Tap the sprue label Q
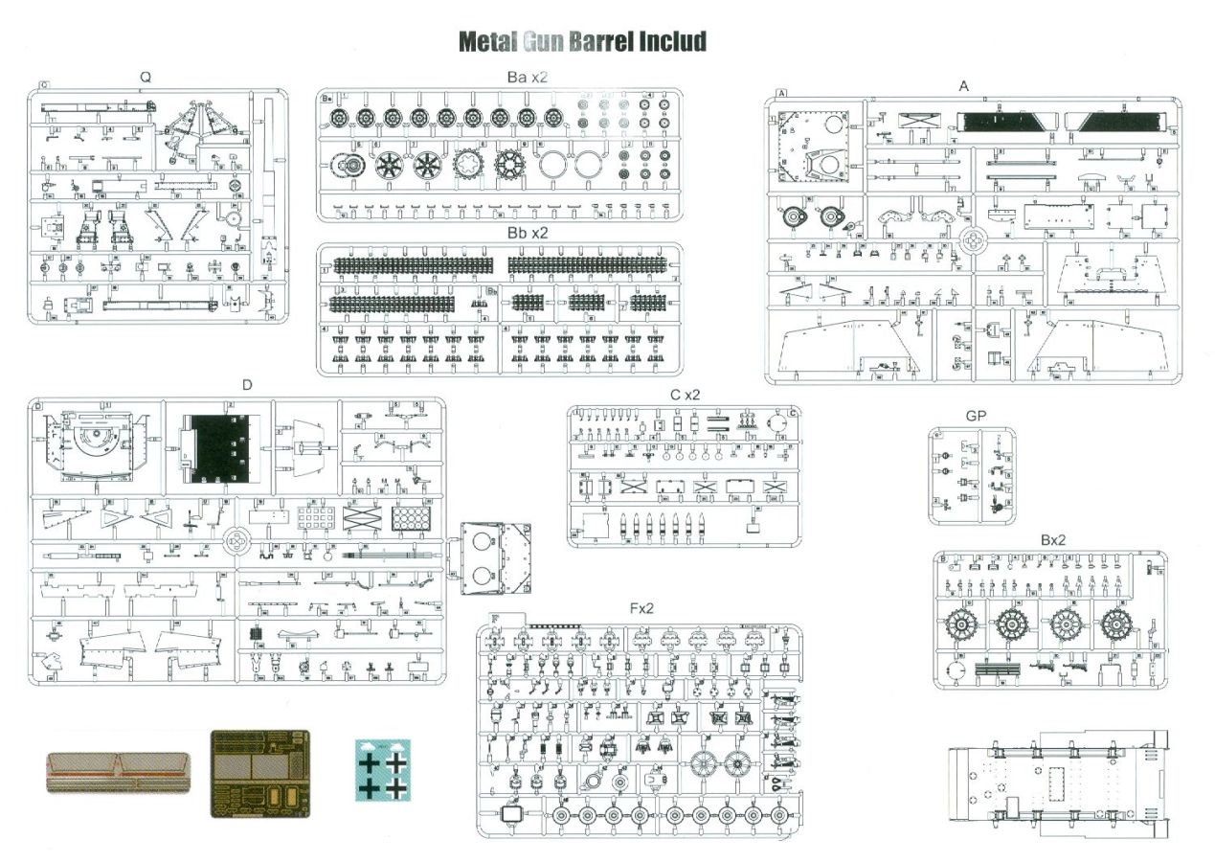point(145,77)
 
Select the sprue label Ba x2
point(528,76)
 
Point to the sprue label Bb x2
point(528,233)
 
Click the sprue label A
point(964,86)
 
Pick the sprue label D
point(247,385)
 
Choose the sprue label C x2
point(686,395)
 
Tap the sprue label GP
point(976,417)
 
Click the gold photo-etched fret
point(259,773)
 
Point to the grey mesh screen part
point(117,772)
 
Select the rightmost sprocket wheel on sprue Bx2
point(1116,625)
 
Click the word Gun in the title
point(546,42)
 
